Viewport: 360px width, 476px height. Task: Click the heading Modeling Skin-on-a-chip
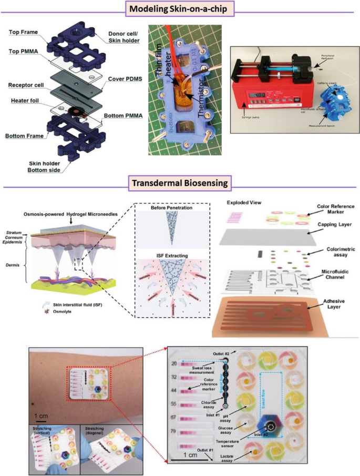[180, 8]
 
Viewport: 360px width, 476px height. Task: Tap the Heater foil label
[24, 100]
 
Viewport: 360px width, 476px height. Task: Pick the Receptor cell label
[26, 85]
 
